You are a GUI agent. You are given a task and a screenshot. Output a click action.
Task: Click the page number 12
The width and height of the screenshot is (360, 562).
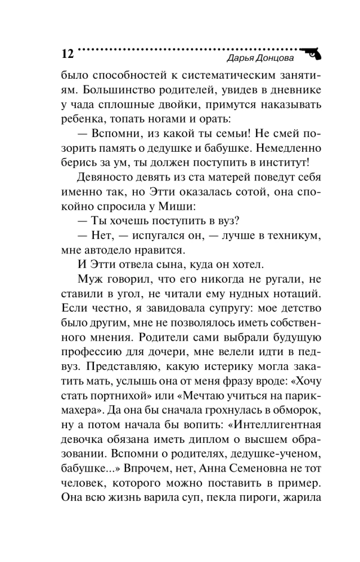[x=66, y=54]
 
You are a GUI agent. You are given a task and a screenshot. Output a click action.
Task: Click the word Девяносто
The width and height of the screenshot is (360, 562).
[x=106, y=178]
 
